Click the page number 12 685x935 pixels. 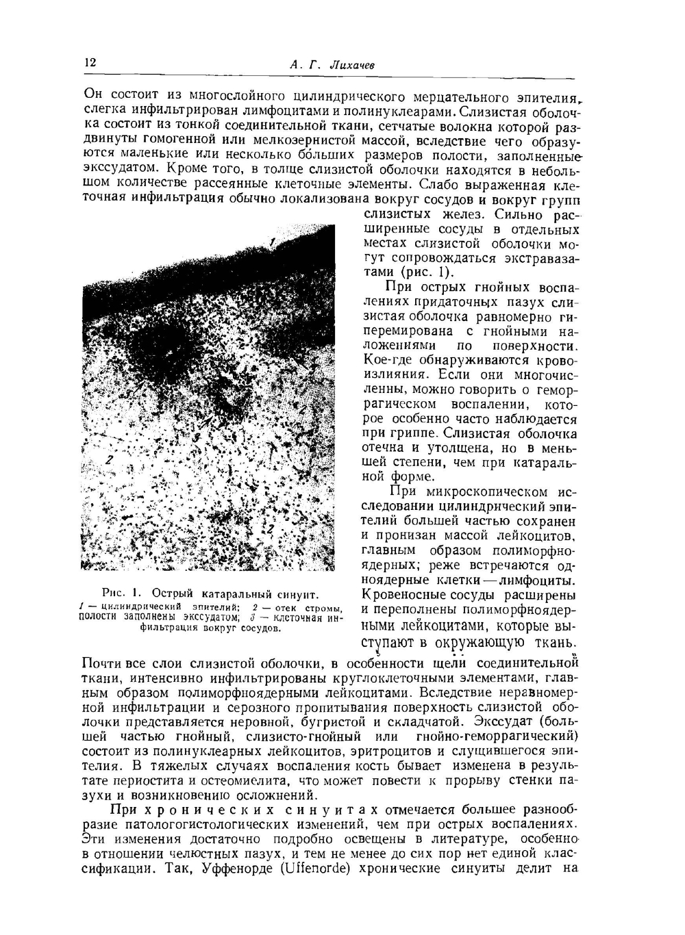pyautogui.click(x=90, y=62)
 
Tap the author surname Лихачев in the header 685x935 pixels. pyautogui.click(x=352, y=65)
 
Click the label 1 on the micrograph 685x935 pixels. pyautogui.click(x=272, y=242)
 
